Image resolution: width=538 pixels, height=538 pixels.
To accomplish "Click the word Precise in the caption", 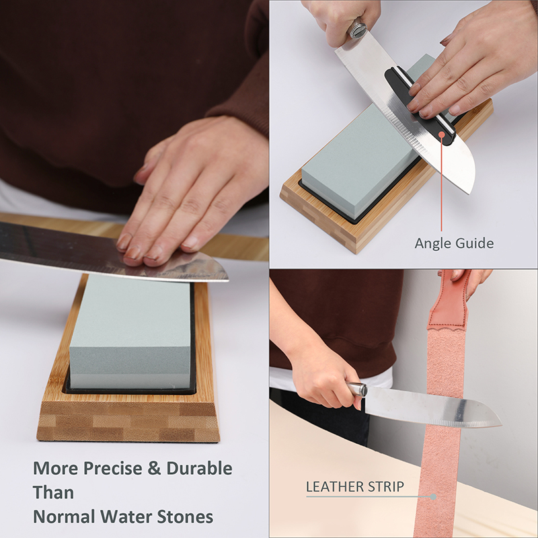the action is [x=112, y=468].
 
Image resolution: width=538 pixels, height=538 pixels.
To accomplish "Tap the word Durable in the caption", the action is [x=199, y=468].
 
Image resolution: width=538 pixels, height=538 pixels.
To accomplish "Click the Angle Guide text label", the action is [x=455, y=243].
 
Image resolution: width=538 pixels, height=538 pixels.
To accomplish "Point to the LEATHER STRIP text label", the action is [x=355, y=487].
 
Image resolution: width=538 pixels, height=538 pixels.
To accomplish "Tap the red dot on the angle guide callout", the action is [x=442, y=134].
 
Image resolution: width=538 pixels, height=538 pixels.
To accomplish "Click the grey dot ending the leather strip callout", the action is [x=433, y=496].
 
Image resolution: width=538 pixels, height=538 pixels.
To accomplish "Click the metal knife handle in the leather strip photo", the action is [x=356, y=390].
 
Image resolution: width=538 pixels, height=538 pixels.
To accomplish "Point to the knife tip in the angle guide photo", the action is [x=470, y=193].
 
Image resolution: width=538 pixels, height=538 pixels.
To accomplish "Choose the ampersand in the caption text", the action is [x=154, y=468].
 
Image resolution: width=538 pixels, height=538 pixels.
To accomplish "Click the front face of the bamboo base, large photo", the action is [x=128, y=423].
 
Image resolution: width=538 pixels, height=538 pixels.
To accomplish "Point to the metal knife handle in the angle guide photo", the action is [x=358, y=28].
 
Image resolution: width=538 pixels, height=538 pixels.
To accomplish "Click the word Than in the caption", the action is [x=53, y=493].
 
